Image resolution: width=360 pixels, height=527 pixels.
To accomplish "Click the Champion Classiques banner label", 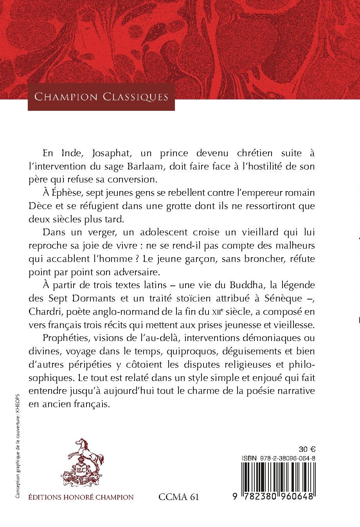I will pyautogui.click(x=101, y=96).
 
